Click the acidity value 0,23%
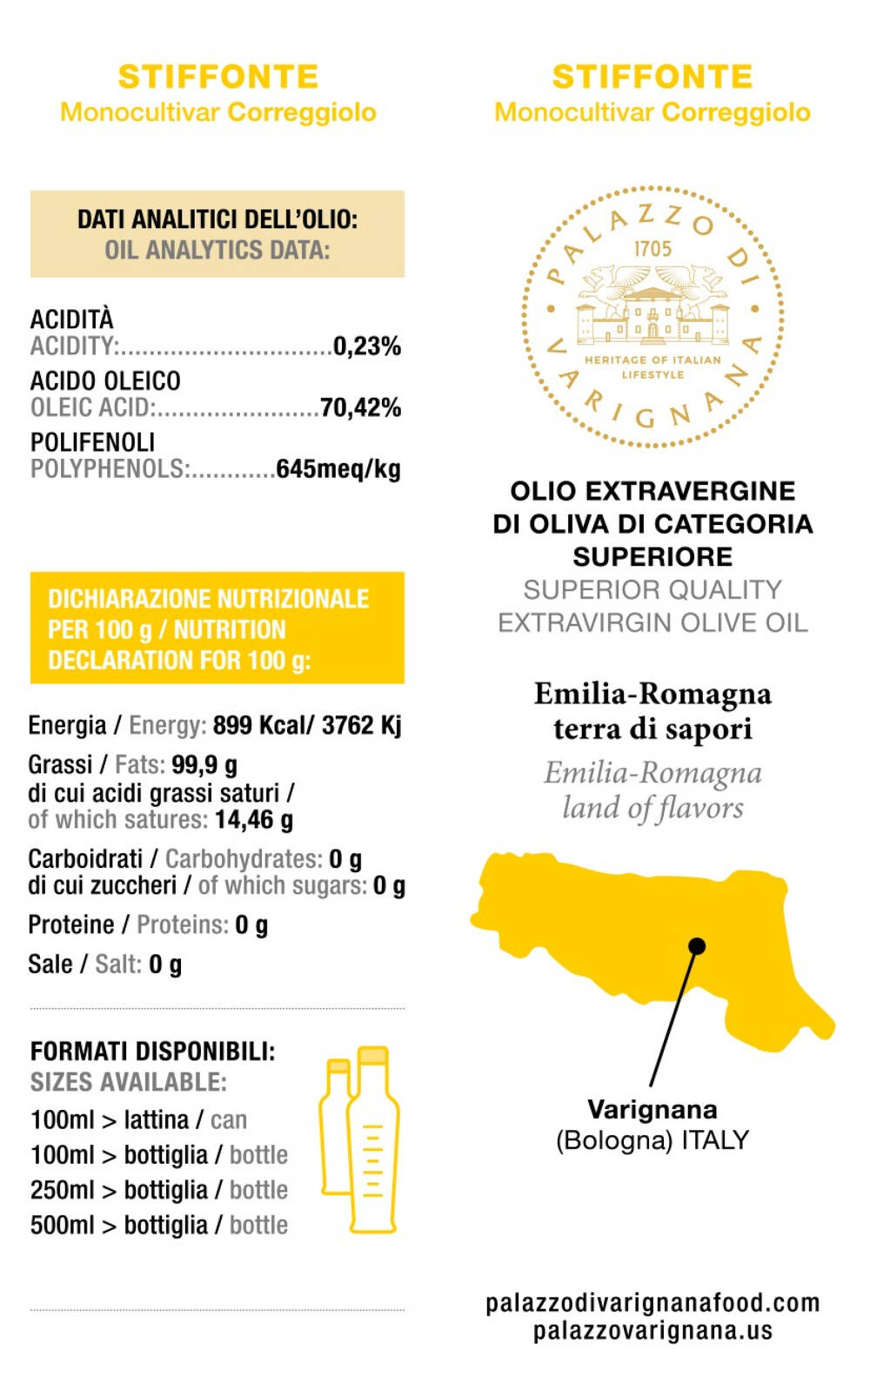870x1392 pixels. tap(366, 346)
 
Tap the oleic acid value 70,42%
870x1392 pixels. tap(360, 407)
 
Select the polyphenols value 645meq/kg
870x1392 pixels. tap(338, 469)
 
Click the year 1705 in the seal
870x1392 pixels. tap(652, 249)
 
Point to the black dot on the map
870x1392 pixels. tap(697, 946)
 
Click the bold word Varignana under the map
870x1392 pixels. tap(652, 1110)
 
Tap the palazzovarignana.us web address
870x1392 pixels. tap(652, 1331)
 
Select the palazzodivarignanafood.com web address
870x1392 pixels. tap(652, 1303)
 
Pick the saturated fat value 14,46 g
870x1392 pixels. tap(254, 820)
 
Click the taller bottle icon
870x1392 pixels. tap(373, 1140)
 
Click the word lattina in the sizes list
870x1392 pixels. tap(156, 1120)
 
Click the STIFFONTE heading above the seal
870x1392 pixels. tap(652, 77)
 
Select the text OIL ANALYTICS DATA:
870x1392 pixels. tap(217, 251)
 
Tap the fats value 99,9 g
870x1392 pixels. tap(204, 765)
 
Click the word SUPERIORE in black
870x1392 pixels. tap(652, 557)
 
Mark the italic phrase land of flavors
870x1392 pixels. tap(652, 809)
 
